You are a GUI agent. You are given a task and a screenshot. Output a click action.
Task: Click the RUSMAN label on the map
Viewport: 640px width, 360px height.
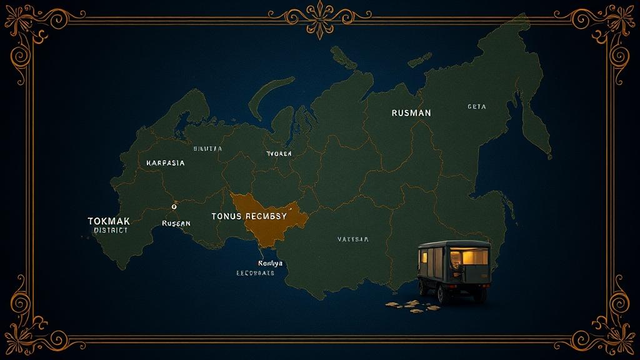(x=411, y=113)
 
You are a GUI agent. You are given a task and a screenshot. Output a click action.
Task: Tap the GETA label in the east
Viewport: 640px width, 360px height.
(x=476, y=107)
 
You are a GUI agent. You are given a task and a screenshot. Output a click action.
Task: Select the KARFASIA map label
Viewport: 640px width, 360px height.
(x=165, y=162)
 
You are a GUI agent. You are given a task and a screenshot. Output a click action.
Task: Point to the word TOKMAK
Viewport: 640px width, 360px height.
(x=109, y=221)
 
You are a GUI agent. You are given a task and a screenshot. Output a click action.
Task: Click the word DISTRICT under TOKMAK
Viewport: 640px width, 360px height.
(x=111, y=230)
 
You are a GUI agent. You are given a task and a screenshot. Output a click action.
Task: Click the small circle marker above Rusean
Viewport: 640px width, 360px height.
(x=174, y=206)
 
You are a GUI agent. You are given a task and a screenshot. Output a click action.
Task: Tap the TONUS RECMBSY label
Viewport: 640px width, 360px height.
(x=249, y=216)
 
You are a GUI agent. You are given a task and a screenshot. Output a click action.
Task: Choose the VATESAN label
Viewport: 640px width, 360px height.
(x=353, y=239)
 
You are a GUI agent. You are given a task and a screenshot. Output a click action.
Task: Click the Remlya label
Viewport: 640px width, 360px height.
(x=270, y=263)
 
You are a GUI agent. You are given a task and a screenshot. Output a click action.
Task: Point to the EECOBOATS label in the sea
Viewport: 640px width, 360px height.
(x=255, y=273)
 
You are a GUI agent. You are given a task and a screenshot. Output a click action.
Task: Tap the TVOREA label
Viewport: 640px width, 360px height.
(x=279, y=153)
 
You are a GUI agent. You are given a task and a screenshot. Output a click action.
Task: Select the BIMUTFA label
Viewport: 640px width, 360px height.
(x=207, y=149)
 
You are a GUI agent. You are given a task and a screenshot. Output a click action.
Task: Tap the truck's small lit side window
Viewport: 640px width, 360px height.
(x=425, y=256)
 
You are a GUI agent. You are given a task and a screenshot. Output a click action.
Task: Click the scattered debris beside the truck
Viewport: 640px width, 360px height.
(x=406, y=305)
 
